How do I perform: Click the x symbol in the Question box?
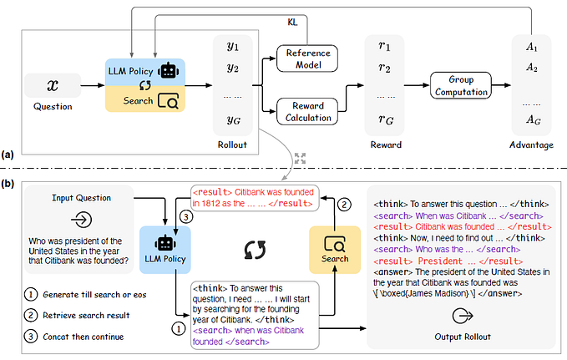(52, 84)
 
